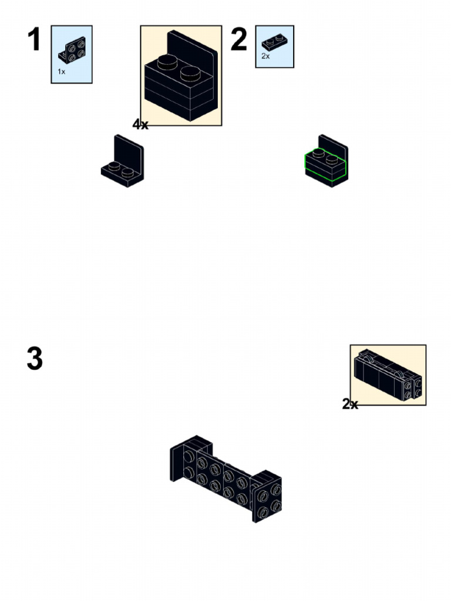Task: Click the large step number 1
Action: click(x=35, y=40)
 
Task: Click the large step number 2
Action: click(x=239, y=40)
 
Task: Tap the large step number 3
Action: click(x=35, y=359)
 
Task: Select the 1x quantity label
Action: click(x=61, y=72)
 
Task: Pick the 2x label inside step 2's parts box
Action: click(x=265, y=56)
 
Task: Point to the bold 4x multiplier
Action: click(x=140, y=124)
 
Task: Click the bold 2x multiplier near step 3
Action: click(x=350, y=404)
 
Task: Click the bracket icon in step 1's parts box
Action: click(x=71, y=49)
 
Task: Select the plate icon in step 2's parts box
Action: click(x=274, y=42)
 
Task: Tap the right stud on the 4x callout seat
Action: click(x=191, y=74)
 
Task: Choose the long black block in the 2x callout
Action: click(x=379, y=376)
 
